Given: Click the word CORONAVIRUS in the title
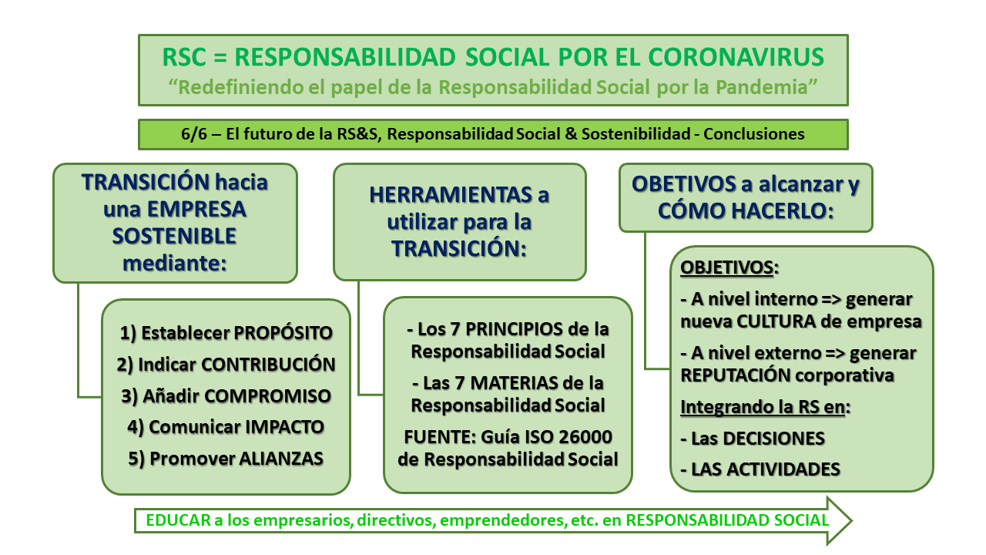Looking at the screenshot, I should click(737, 57).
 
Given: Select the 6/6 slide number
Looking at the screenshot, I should click(193, 134).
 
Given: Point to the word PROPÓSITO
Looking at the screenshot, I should click(283, 333).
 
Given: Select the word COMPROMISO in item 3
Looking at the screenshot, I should click(272, 396).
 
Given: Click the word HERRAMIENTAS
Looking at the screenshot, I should click(441, 194).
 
